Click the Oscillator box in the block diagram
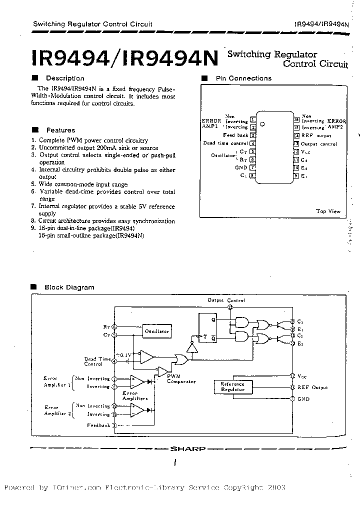pyautogui.click(x=156, y=331)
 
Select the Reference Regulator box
pyautogui.click(x=233, y=386)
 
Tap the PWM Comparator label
pyautogui.click(x=177, y=378)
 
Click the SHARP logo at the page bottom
pyautogui.click(x=187, y=448)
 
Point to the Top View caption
pyautogui.click(x=328, y=211)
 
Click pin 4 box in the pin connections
pyautogui.click(x=253, y=143)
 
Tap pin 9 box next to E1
pyautogui.click(x=296, y=175)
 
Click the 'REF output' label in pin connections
pyautogui.click(x=316, y=135)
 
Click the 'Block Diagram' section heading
pyautogui.click(x=69, y=287)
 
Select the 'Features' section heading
pyautogui.click(x=60, y=130)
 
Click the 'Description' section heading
pyautogui.click(x=65, y=78)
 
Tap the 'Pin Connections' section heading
pyautogui.click(x=243, y=78)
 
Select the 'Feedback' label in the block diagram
pyautogui.click(x=98, y=425)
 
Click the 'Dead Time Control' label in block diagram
pyautogui.click(x=97, y=361)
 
